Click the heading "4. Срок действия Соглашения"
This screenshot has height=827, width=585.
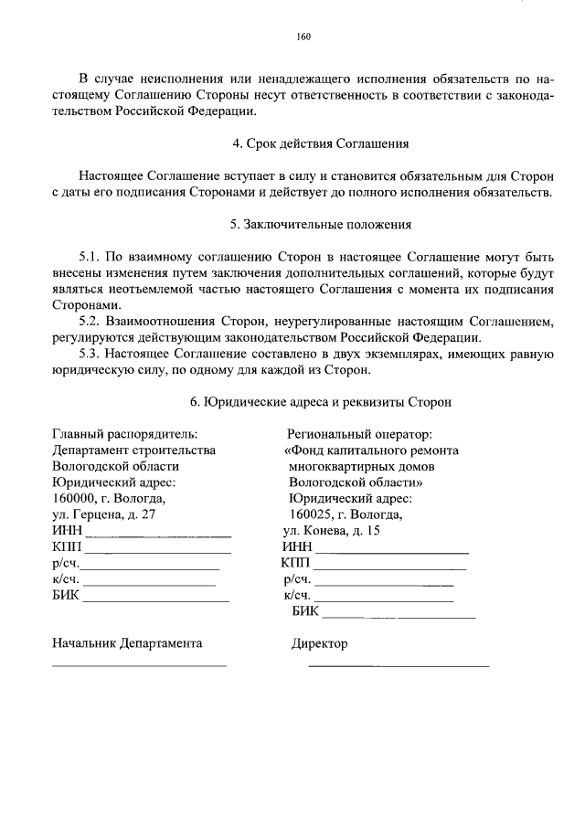(320, 144)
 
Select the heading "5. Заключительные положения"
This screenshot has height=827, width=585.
(320, 224)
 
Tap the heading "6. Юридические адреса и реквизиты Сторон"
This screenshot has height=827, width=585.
(320, 402)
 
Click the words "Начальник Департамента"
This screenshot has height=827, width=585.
(127, 643)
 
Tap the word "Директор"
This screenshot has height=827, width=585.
(319, 643)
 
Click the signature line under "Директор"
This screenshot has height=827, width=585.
(399, 665)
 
